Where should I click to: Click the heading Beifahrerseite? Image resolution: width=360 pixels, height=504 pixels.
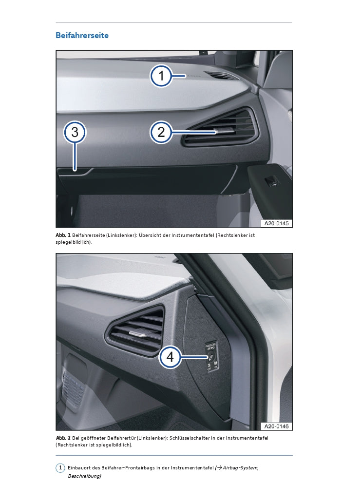click(x=82, y=36)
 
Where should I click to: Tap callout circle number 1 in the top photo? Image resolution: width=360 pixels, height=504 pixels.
click(x=161, y=76)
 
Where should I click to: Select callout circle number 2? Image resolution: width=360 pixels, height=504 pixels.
click(x=161, y=132)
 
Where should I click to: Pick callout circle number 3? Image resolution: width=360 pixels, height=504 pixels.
click(x=75, y=132)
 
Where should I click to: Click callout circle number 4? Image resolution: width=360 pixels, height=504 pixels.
click(x=170, y=357)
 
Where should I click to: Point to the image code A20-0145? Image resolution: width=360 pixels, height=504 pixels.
click(x=276, y=223)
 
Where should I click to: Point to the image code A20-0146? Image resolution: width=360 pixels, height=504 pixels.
click(x=276, y=426)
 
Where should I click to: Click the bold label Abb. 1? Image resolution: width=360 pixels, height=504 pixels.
click(x=63, y=235)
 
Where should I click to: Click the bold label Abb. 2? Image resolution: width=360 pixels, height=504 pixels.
click(x=63, y=438)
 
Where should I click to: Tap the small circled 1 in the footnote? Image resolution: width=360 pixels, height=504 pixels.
click(x=60, y=467)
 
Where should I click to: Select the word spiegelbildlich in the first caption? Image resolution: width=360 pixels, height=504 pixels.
click(x=73, y=242)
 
